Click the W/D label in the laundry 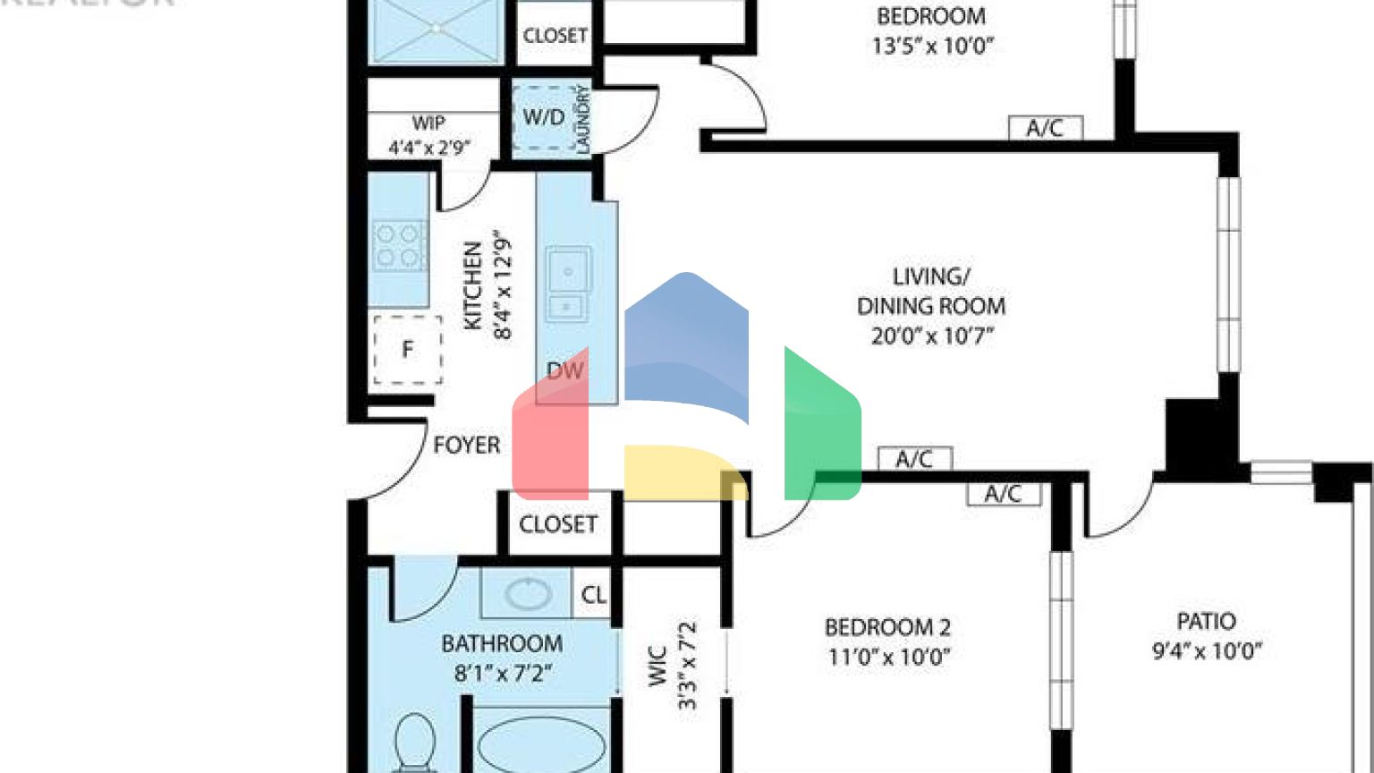click(544, 117)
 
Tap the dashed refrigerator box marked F click(408, 349)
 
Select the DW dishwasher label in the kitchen click(564, 370)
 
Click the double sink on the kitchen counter click(567, 283)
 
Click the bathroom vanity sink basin click(528, 594)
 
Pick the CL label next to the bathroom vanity click(593, 595)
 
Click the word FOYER click(466, 445)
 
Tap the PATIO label click(1206, 621)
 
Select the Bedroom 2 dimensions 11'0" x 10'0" click(888, 658)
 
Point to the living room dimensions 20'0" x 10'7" click(932, 336)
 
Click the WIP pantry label click(428, 123)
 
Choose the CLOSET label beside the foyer click(558, 523)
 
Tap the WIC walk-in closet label click(657, 667)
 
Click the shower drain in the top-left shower click(437, 28)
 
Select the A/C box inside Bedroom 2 click(1003, 494)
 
